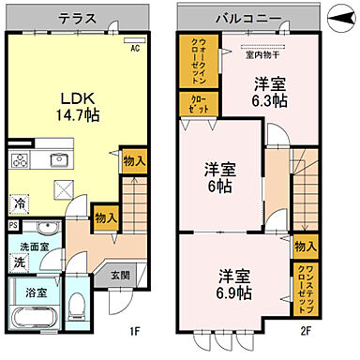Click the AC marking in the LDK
pyautogui.click(x=135, y=48)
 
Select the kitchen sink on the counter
pyautogui.click(x=59, y=159)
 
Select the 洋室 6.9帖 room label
pyautogui.click(x=235, y=284)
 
